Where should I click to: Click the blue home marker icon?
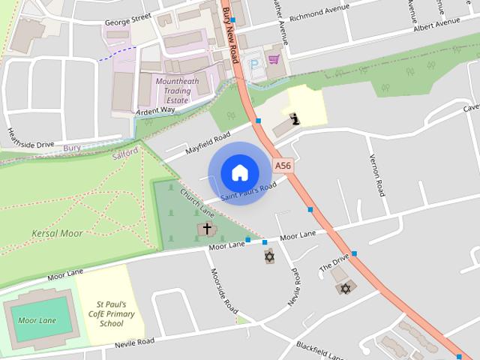click(x=239, y=172)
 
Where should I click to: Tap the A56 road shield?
click(x=283, y=165)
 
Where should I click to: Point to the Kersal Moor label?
click(x=57, y=233)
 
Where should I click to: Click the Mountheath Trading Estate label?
click(x=173, y=91)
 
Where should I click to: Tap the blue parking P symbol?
click(x=256, y=63)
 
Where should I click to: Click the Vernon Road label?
click(x=378, y=175)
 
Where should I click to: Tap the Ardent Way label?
click(x=156, y=110)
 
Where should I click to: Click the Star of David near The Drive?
click(x=346, y=288)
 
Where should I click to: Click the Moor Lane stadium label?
click(x=37, y=321)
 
